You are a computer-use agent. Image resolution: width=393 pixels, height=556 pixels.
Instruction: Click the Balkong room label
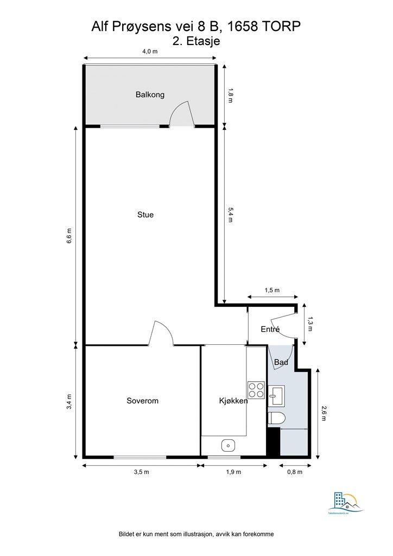pos(150,94)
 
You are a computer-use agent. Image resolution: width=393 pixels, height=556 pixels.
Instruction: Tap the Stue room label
pos(145,214)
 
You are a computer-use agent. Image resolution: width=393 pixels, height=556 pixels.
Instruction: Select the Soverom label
pos(142,401)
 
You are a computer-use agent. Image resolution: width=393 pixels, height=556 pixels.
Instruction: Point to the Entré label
pos(270,329)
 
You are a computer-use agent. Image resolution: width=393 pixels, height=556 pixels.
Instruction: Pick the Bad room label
pos(281,362)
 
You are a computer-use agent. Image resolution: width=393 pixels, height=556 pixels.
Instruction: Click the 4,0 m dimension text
pos(150,52)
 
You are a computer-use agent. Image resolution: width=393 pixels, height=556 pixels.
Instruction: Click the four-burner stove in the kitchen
pos(256,390)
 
